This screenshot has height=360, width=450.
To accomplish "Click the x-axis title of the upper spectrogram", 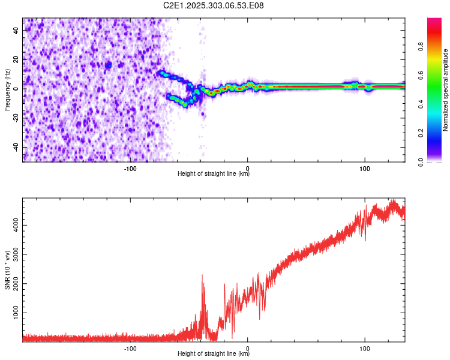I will [x=214, y=174].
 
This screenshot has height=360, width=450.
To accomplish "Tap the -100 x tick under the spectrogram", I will [x=130, y=168].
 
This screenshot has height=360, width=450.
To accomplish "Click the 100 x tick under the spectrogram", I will [x=364, y=168].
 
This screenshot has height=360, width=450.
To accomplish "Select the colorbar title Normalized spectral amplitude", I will [x=446, y=90].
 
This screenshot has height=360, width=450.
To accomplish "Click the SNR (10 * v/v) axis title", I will [x=7, y=270].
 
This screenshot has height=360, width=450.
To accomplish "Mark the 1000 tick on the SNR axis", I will [x=14, y=313].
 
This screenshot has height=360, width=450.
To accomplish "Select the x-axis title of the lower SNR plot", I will [x=214, y=354].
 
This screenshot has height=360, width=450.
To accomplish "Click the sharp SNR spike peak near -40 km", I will [x=202, y=275].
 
